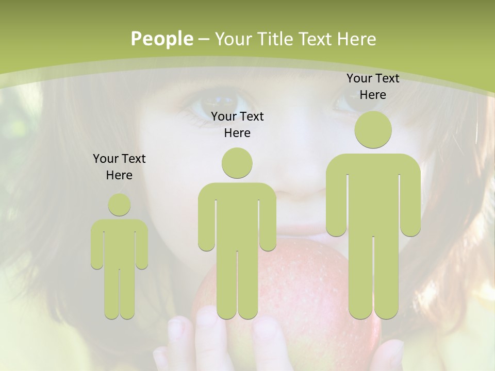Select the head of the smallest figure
pyautogui.click(x=119, y=205)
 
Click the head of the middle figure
pyautogui.click(x=237, y=163)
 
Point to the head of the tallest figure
pyautogui.click(x=373, y=130)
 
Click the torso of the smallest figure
pyautogui.click(x=119, y=242)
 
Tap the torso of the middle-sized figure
pyautogui.click(x=237, y=216)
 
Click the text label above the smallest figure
pyautogui.click(x=119, y=167)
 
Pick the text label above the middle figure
pyautogui.click(x=237, y=125)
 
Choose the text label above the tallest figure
pyautogui.click(x=373, y=87)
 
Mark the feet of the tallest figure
pyautogui.click(x=373, y=312)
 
